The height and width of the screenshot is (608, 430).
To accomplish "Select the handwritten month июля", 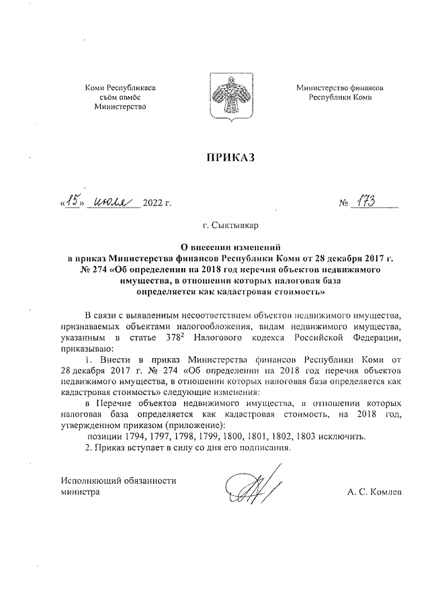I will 114,200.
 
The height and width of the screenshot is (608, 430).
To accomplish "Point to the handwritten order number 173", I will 368,200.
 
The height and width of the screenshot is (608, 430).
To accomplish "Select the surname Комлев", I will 385,492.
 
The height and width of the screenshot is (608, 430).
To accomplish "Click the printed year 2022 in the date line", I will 152,202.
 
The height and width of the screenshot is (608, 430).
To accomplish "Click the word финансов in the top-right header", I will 367,87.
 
